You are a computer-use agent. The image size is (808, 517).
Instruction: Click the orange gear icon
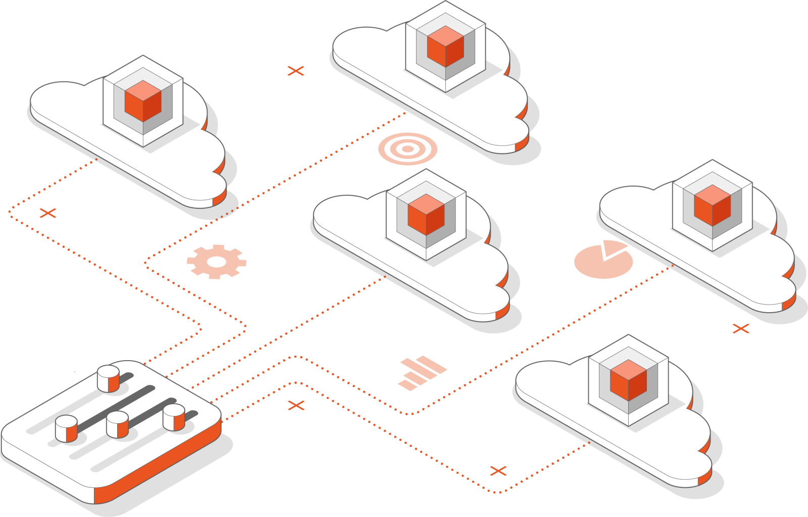(216, 261)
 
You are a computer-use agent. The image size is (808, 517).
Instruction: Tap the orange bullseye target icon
(408, 149)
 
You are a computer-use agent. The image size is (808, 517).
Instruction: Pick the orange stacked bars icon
(422, 373)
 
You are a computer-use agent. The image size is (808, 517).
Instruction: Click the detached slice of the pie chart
(614, 248)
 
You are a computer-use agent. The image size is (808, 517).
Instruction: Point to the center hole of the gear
(216, 261)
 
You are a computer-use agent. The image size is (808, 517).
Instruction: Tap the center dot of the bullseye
(408, 149)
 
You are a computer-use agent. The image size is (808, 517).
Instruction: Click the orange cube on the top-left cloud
(143, 101)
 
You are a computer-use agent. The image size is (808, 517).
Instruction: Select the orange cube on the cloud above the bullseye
(445, 46)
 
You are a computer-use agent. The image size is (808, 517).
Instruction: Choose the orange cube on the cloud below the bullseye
(426, 214)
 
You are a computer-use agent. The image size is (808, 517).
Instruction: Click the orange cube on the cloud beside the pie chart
(712, 205)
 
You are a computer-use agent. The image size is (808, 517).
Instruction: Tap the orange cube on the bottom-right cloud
(628, 380)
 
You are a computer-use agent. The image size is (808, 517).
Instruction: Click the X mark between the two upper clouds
(296, 71)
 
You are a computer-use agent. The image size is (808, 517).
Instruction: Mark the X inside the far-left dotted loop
(48, 213)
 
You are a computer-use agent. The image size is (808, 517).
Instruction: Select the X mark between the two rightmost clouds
(741, 329)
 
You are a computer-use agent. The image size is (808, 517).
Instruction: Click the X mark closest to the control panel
(296, 405)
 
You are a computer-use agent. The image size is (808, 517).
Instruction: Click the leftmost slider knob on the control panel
(66, 429)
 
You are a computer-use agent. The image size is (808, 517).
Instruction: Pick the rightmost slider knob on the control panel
(174, 417)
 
